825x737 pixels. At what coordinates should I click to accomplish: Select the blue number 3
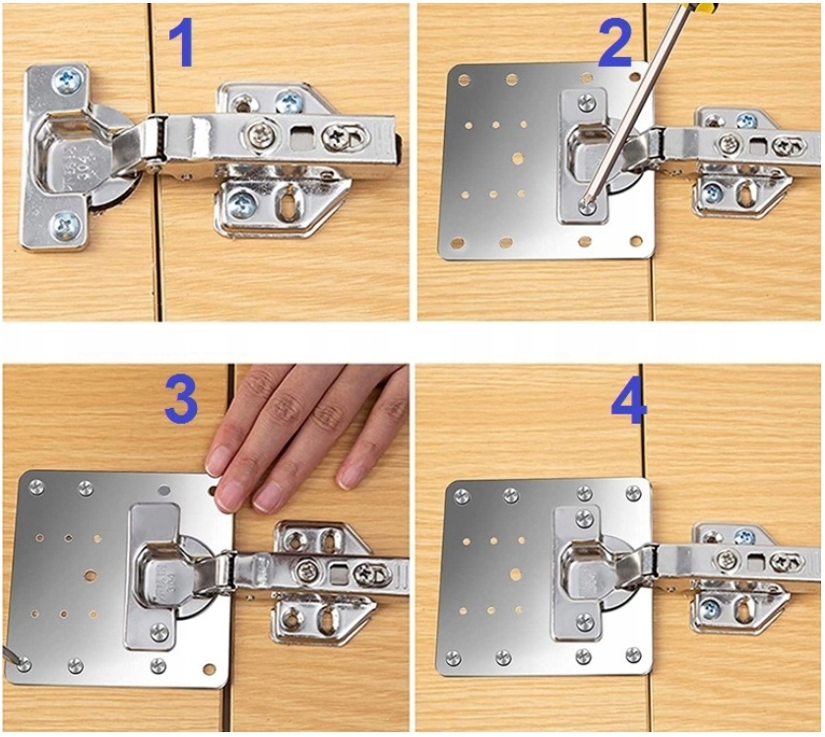coord(181,402)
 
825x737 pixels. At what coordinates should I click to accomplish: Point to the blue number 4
coord(629,401)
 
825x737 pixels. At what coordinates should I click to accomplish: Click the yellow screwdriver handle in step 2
coord(705,7)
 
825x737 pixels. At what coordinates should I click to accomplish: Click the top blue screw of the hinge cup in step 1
coord(68,81)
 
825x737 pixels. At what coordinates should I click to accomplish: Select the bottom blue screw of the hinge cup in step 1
coord(66,227)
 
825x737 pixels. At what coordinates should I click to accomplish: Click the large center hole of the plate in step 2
coord(517,159)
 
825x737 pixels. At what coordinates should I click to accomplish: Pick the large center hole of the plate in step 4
coord(516,573)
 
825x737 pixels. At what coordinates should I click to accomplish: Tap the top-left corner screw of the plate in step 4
coord(462,496)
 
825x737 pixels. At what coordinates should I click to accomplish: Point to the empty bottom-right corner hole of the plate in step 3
coord(210,670)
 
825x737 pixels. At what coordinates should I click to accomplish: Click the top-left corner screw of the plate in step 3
coord(35,487)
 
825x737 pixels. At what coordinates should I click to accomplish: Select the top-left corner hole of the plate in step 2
coord(464,80)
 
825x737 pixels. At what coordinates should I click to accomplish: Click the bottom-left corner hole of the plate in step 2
coord(457,243)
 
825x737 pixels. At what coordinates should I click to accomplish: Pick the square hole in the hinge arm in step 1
coord(300,139)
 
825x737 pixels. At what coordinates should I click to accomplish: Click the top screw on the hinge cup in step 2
coord(587,102)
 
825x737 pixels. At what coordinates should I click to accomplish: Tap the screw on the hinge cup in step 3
coord(159,632)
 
